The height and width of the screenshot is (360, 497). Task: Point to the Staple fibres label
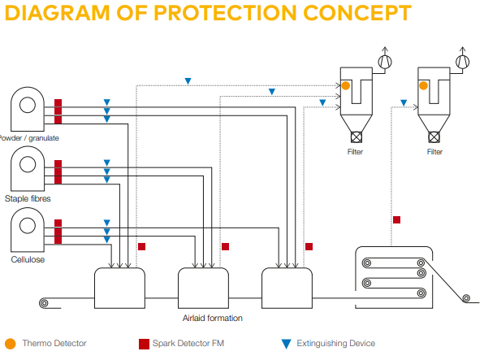click(28, 198)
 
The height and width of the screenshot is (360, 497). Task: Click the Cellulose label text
click(28, 259)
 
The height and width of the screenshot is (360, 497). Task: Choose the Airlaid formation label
click(212, 318)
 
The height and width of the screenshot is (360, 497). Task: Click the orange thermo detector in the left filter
click(346, 85)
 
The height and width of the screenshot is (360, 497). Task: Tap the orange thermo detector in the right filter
click(424, 85)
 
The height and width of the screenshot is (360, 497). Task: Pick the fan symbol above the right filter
click(463, 61)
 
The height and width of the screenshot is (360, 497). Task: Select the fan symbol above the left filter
click(386, 61)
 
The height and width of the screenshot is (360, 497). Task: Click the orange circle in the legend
click(11, 344)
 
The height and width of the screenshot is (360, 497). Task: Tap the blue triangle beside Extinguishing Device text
click(285, 344)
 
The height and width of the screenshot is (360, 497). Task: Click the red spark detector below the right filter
click(396, 219)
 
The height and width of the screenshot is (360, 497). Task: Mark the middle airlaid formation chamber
click(204, 286)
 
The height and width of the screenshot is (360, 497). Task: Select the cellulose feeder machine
click(28, 228)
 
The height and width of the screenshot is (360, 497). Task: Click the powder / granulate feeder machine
click(28, 106)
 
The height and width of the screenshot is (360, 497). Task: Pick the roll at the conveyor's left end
click(44, 304)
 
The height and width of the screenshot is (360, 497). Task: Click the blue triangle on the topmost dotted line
click(188, 81)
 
